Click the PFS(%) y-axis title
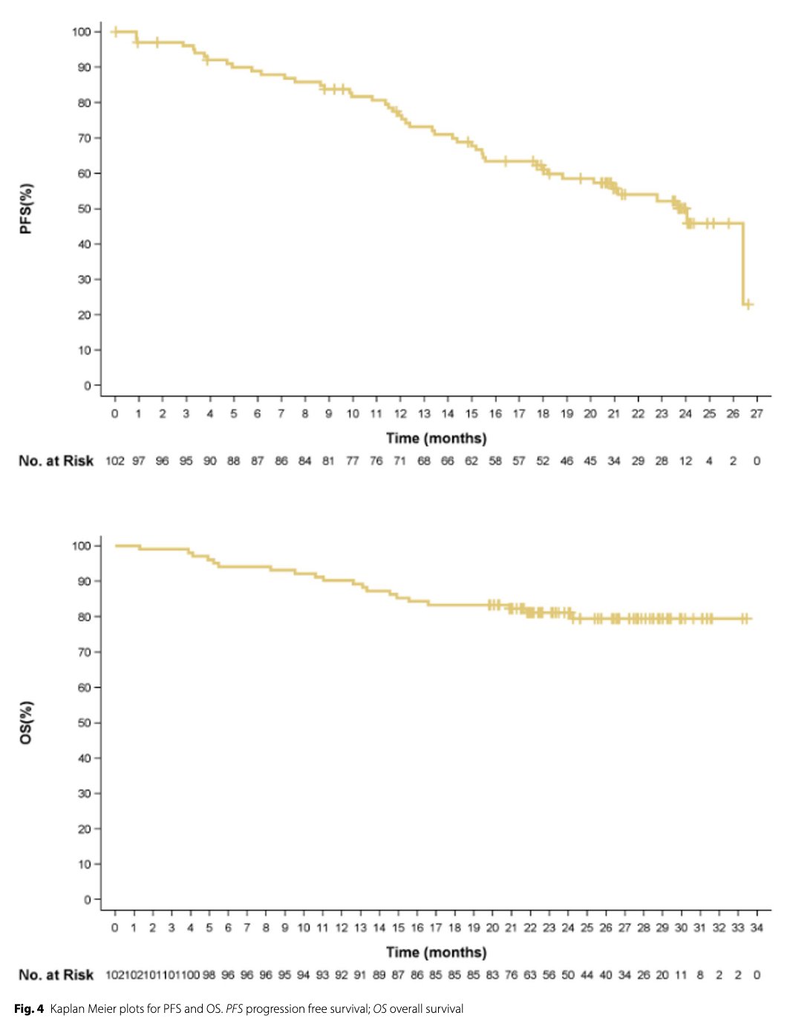tap(26, 209)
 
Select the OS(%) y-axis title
tap(26, 722)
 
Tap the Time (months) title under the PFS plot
tap(436, 438)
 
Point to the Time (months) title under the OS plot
tap(436, 952)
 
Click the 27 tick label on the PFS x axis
tap(757, 414)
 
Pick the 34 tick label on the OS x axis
tap(757, 927)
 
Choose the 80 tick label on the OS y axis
tap(85, 617)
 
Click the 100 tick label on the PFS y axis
tap(82, 32)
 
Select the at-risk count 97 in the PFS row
tap(139, 461)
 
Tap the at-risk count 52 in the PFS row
tap(543, 461)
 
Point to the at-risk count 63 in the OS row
tap(530, 975)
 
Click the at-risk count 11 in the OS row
tap(681, 975)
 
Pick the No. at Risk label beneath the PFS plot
tap(56, 461)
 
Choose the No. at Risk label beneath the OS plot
tap(56, 975)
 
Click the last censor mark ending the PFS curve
tap(748, 304)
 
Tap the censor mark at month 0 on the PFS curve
tap(115, 32)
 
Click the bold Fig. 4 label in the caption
tap(29, 1008)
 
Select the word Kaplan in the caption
tap(68, 1008)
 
